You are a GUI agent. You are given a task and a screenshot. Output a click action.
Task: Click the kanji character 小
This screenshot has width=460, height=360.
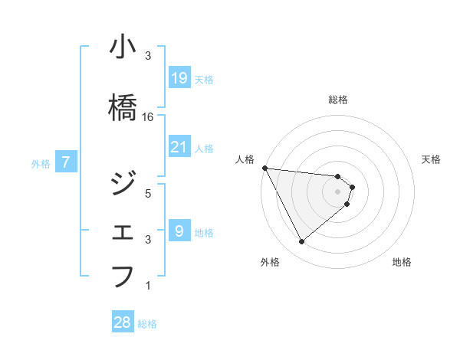tap(123, 48)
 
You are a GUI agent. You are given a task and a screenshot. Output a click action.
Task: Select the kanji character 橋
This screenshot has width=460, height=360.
tap(123, 109)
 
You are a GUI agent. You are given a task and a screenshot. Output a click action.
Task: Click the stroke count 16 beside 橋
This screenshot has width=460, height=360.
tap(148, 117)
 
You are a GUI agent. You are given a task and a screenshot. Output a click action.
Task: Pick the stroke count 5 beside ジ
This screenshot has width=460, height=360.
tap(148, 193)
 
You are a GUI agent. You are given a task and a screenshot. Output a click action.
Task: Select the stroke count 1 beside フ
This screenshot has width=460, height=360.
tap(148, 286)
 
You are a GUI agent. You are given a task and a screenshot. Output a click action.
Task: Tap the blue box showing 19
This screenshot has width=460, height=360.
tap(179, 77)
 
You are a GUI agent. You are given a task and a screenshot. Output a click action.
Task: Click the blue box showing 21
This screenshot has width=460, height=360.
tap(179, 146)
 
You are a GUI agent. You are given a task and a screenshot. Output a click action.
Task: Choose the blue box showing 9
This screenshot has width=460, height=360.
tap(179, 231)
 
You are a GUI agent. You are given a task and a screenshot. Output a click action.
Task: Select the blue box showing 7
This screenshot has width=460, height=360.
tap(67, 162)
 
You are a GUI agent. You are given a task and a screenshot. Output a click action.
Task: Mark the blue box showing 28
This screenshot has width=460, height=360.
tap(123, 322)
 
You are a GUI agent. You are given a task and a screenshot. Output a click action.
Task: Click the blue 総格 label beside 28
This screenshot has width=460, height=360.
tap(147, 324)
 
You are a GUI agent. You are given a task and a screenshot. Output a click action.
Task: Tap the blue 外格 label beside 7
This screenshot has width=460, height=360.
tap(41, 163)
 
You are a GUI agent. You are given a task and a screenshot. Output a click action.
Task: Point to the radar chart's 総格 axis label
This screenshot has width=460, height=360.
tap(338, 100)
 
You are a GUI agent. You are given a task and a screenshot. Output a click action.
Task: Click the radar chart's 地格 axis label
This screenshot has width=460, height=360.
tap(402, 262)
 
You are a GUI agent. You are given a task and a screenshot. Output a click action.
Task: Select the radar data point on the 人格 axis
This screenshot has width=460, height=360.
tap(264, 168)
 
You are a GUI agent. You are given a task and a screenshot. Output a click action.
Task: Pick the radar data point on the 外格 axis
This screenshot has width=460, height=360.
tap(301, 242)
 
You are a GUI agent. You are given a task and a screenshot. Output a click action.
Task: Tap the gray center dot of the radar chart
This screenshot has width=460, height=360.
tap(338, 191)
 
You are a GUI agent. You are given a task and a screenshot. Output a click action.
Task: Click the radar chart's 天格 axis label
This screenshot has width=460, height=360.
tap(431, 159)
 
